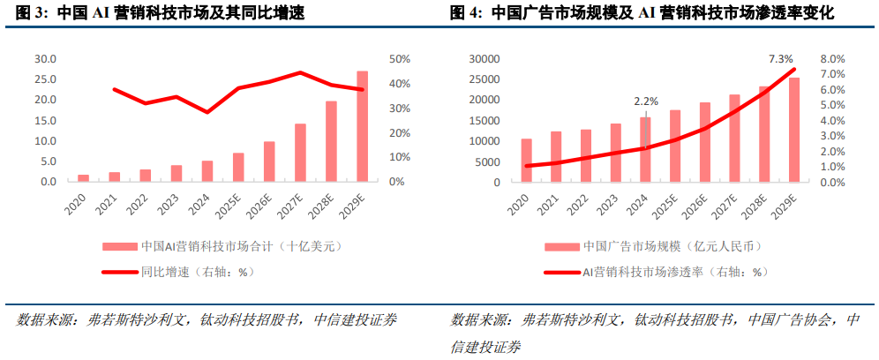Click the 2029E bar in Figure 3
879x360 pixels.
362,126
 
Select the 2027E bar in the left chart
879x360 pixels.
300,153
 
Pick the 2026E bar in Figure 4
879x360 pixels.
705,142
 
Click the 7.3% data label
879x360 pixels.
781,58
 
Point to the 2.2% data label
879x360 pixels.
646,101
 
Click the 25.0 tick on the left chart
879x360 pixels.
45,79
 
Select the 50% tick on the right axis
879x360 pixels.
399,59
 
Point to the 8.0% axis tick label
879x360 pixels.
834,59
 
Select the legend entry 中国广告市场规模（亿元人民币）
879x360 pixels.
671,246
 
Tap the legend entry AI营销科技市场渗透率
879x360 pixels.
671,272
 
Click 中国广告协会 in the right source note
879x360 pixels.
793,319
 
